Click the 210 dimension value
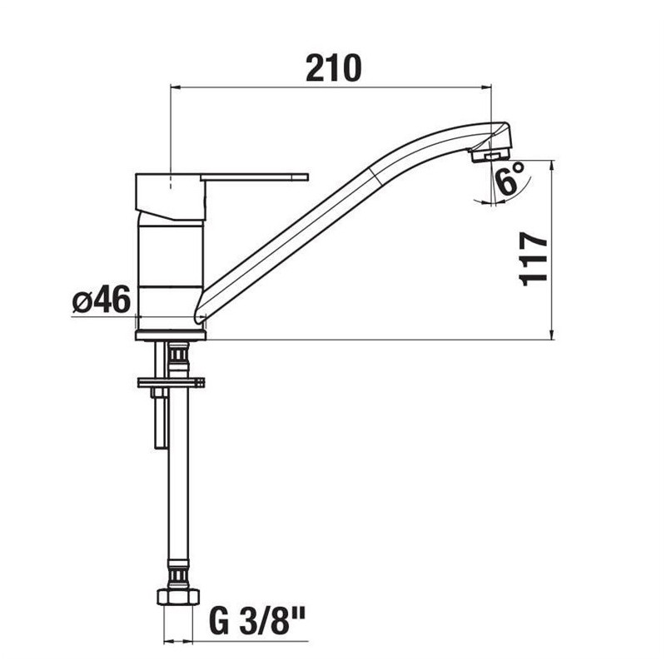click(334, 68)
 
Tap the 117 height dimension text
click(533, 259)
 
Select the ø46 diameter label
click(101, 300)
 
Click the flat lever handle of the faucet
click(254, 177)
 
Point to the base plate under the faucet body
click(171, 335)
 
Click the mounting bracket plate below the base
click(171, 382)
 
